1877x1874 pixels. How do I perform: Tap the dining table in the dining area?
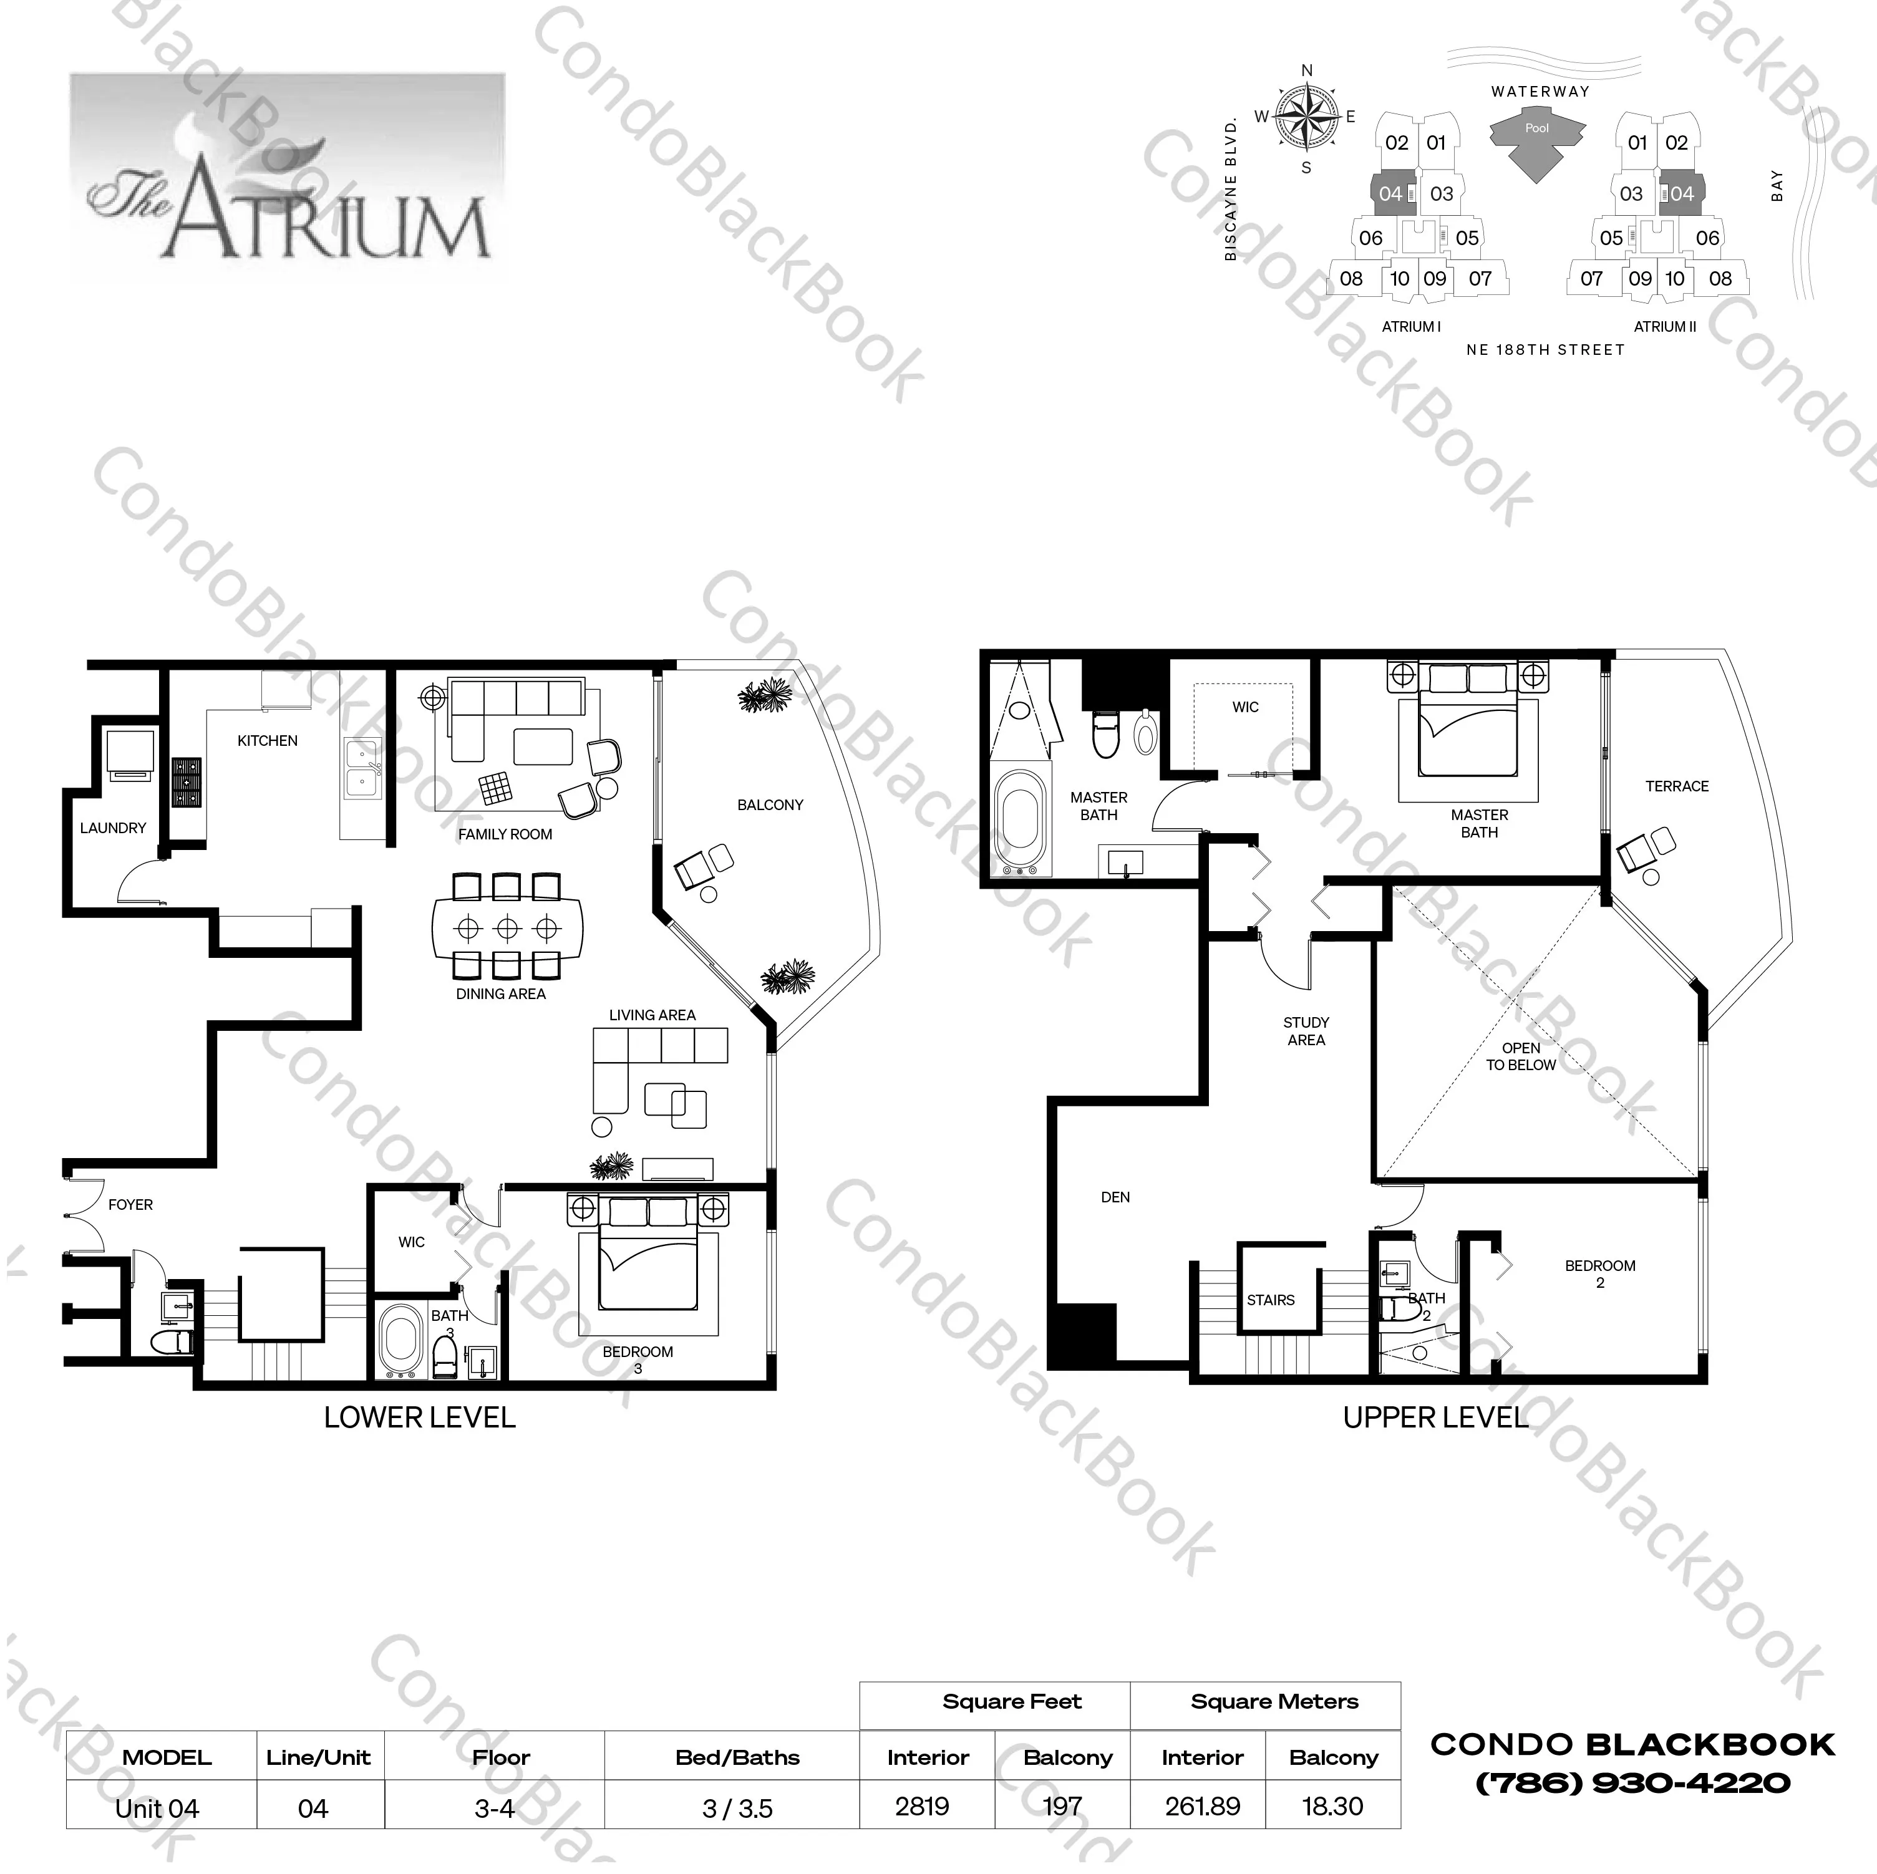[507, 929]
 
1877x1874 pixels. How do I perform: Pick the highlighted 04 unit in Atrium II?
[1682, 193]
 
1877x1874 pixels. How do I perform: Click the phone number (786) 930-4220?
[1632, 1784]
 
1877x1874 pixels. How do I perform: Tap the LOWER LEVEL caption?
[420, 1418]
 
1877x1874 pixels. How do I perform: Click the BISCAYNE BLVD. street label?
[1231, 190]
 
